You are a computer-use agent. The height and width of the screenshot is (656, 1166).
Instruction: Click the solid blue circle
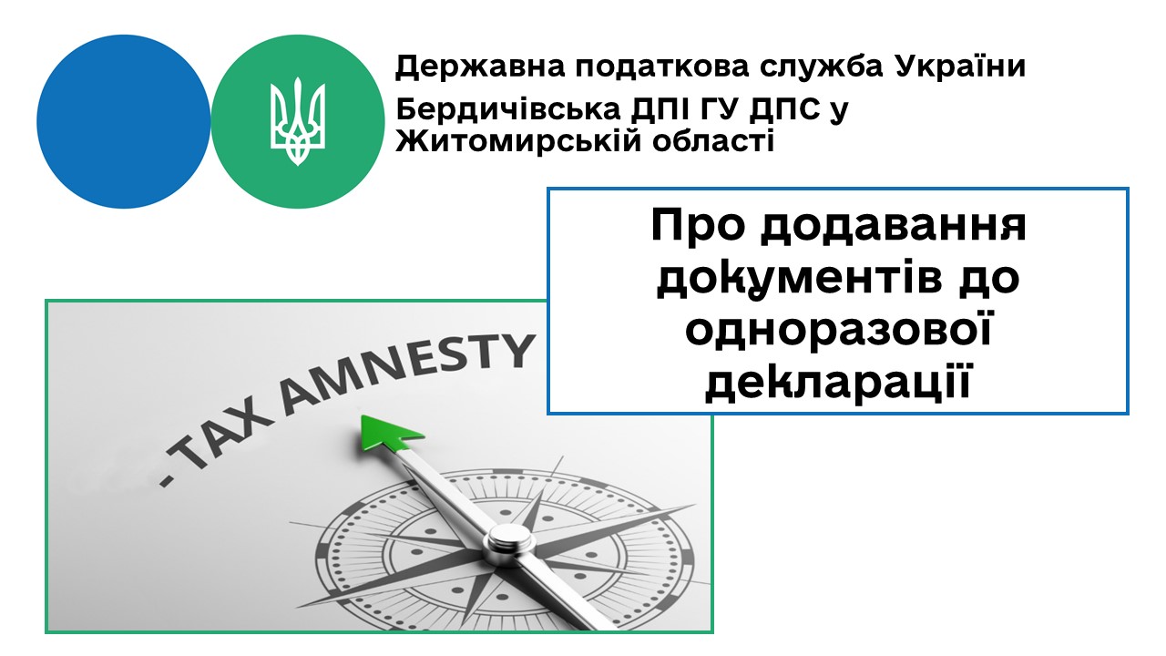(x=123, y=122)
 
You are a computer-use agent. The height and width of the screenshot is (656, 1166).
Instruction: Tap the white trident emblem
(x=297, y=122)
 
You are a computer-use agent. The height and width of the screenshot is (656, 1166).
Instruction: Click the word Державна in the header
(x=480, y=67)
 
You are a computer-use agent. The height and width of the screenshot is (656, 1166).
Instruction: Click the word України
(x=960, y=67)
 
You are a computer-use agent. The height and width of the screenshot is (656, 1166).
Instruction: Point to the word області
(x=713, y=139)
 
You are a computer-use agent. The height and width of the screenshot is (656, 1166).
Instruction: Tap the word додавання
(x=894, y=228)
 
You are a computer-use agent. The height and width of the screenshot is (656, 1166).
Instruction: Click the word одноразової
(x=837, y=330)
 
